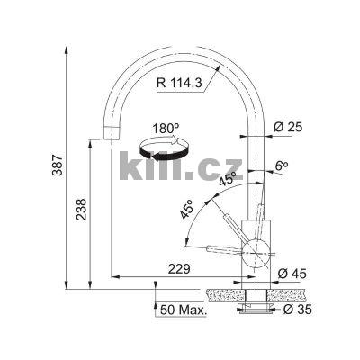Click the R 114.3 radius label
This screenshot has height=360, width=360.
(x=179, y=83)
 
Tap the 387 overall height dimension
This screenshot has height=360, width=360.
(x=58, y=165)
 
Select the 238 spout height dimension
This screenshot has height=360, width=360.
(x=81, y=210)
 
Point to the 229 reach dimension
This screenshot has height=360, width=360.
(x=179, y=269)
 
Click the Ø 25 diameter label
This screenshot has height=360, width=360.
(x=288, y=127)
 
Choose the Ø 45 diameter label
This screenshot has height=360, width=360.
(x=292, y=274)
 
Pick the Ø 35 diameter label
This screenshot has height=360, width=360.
(x=298, y=310)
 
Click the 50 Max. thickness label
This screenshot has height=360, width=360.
(x=184, y=310)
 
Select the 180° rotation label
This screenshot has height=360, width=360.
(x=166, y=129)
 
